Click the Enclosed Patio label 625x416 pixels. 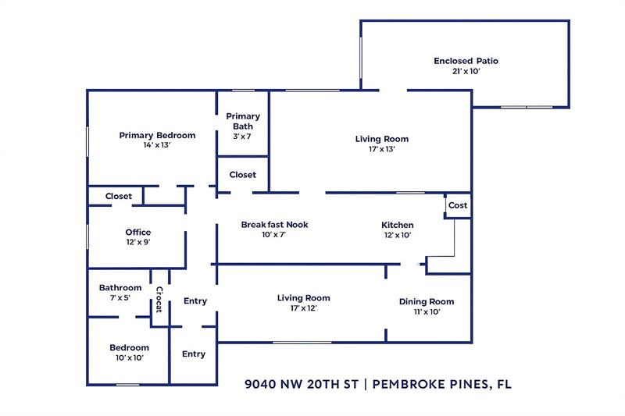[466, 61]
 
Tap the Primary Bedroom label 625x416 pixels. [157, 135]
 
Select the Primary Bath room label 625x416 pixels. [243, 121]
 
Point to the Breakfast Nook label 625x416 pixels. [274, 225]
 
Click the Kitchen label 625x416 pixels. [397, 225]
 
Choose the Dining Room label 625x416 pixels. [426, 302]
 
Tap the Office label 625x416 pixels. [138, 233]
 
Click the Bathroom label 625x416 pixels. [120, 288]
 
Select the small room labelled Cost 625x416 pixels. [458, 205]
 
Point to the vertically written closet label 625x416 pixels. [159, 300]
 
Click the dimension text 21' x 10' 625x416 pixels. [466, 71]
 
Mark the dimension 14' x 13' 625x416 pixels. [157, 145]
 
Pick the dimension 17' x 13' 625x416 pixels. [382, 149]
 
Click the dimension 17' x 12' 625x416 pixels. [303, 308]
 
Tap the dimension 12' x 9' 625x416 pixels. [138, 243]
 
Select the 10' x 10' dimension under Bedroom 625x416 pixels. [129, 358]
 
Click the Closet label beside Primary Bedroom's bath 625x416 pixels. [243, 175]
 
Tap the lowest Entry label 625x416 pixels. [194, 354]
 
